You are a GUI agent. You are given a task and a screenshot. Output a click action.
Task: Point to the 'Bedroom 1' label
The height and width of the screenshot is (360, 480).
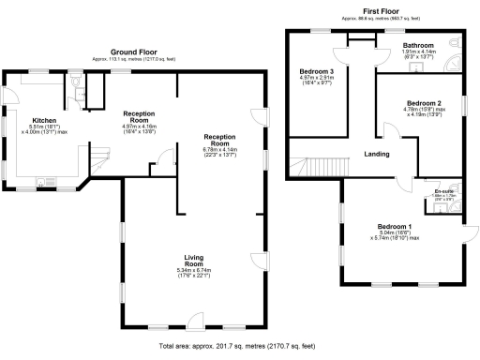tap(395, 227)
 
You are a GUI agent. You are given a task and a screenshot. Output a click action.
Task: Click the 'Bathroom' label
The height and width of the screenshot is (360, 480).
tap(419, 45)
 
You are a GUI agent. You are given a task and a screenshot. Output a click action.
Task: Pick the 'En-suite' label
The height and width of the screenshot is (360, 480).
tap(431, 191)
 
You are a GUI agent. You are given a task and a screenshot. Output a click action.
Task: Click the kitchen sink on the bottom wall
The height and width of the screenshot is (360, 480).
tap(43, 184)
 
